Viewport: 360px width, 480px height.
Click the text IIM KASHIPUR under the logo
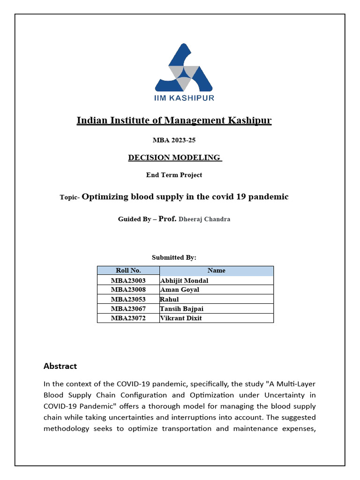[184, 98]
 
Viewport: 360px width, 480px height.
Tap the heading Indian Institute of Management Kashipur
[174, 120]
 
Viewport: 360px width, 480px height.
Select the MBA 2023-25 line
[174, 140]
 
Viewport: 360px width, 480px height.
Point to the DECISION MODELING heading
[174, 157]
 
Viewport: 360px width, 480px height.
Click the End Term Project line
[174, 175]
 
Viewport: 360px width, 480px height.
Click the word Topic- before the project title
[70, 198]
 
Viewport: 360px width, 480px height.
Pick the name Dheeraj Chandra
[204, 219]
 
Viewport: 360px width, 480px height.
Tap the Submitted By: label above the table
[174, 257]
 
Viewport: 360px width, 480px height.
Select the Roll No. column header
[128, 270]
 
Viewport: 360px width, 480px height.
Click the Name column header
[216, 270]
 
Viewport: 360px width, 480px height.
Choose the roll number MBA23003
[128, 281]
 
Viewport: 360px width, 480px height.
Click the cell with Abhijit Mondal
[184, 281]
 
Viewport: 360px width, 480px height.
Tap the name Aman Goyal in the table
[180, 290]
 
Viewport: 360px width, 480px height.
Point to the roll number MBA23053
[128, 299]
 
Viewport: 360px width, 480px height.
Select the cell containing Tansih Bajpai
[182, 308]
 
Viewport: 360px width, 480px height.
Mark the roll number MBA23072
[128, 318]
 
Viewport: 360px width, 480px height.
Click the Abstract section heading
[60, 366]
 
